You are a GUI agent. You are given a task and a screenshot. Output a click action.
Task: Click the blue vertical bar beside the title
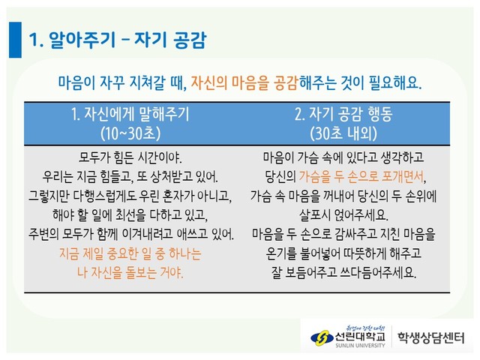tap(15, 40)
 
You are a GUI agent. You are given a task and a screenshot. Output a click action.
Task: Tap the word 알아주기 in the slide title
tap(82, 40)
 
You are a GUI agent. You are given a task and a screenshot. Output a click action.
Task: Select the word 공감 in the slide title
tap(190, 40)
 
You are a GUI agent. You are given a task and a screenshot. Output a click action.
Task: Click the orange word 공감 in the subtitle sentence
tap(286, 82)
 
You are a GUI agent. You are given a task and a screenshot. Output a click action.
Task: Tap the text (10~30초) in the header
tap(130, 133)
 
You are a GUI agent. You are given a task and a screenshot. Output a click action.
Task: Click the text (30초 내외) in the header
tap(343, 133)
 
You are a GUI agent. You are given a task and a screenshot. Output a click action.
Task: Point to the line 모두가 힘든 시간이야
tap(130, 157)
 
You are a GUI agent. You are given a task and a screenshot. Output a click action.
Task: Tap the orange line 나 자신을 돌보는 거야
tap(130, 272)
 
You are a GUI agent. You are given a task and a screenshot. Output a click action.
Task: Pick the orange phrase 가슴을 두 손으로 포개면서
tap(362, 177)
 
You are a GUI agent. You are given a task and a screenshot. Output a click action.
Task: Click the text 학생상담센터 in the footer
tap(431, 337)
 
